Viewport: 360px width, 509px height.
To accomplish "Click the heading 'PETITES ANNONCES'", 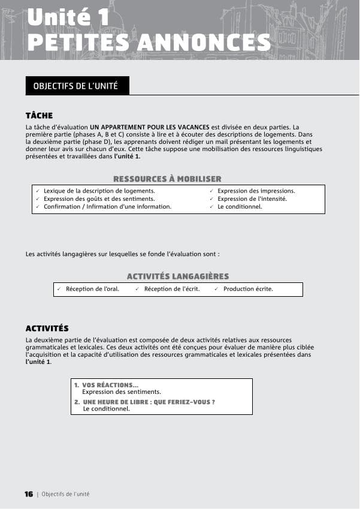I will (x=149, y=42).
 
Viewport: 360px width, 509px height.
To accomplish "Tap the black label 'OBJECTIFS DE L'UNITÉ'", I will (x=76, y=86).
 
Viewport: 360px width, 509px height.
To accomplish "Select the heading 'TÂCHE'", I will (x=39, y=116).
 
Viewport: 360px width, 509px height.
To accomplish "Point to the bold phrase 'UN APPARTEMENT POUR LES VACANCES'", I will (x=150, y=127).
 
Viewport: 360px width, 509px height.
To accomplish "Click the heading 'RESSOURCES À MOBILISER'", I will (x=167, y=179).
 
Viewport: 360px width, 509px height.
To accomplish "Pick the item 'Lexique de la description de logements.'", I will (x=99, y=191).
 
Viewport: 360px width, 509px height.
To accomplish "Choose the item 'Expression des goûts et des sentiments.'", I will (x=99, y=198).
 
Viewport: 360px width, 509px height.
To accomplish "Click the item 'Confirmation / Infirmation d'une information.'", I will (x=107, y=206).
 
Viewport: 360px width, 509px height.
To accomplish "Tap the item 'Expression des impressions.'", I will (x=256, y=191).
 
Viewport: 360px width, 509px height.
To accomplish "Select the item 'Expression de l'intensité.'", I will (x=252, y=198).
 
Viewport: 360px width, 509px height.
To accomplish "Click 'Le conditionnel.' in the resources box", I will (x=240, y=206).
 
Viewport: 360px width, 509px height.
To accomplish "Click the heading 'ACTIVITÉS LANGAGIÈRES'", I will (x=177, y=276).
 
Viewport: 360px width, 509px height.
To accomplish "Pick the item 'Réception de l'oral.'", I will (x=92, y=289).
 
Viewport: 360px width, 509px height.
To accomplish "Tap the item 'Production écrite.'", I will (x=248, y=289).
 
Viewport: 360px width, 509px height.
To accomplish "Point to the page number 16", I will (x=29, y=494).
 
